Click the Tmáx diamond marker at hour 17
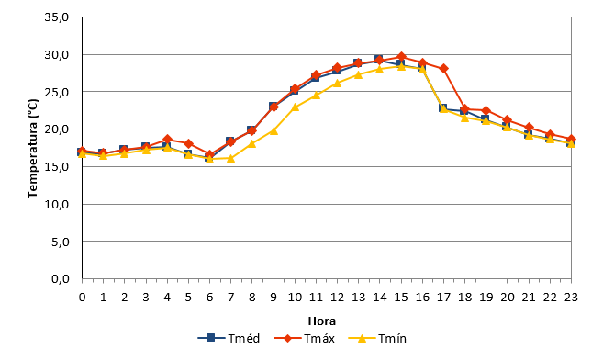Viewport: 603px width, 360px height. click(443, 69)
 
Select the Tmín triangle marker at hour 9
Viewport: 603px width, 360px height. click(274, 130)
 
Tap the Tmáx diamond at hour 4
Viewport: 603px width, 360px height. click(167, 140)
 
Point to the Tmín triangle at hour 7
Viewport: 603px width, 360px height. click(230, 158)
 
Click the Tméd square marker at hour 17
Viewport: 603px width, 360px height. click(443, 108)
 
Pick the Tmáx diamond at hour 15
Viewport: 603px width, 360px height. click(401, 57)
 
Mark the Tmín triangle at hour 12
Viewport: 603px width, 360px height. click(337, 83)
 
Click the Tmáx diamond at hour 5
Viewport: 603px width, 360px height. click(188, 143)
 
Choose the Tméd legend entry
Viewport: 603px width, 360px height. click(229, 339)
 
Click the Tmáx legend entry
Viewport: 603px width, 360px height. click(304, 339)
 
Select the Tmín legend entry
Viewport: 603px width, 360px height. click(377, 339)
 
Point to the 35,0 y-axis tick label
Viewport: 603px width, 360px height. click(57, 17)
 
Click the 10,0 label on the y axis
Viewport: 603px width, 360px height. click(57, 204)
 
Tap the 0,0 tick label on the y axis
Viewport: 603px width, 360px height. click(60, 279)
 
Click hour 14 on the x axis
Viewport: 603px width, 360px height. click(380, 298)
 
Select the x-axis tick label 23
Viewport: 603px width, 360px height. click(571, 298)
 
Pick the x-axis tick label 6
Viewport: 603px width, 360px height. click(209, 298)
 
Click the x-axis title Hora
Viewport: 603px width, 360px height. click(322, 321)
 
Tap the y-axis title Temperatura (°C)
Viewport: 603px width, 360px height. click(33, 149)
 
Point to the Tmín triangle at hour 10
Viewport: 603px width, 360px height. click(295, 107)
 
